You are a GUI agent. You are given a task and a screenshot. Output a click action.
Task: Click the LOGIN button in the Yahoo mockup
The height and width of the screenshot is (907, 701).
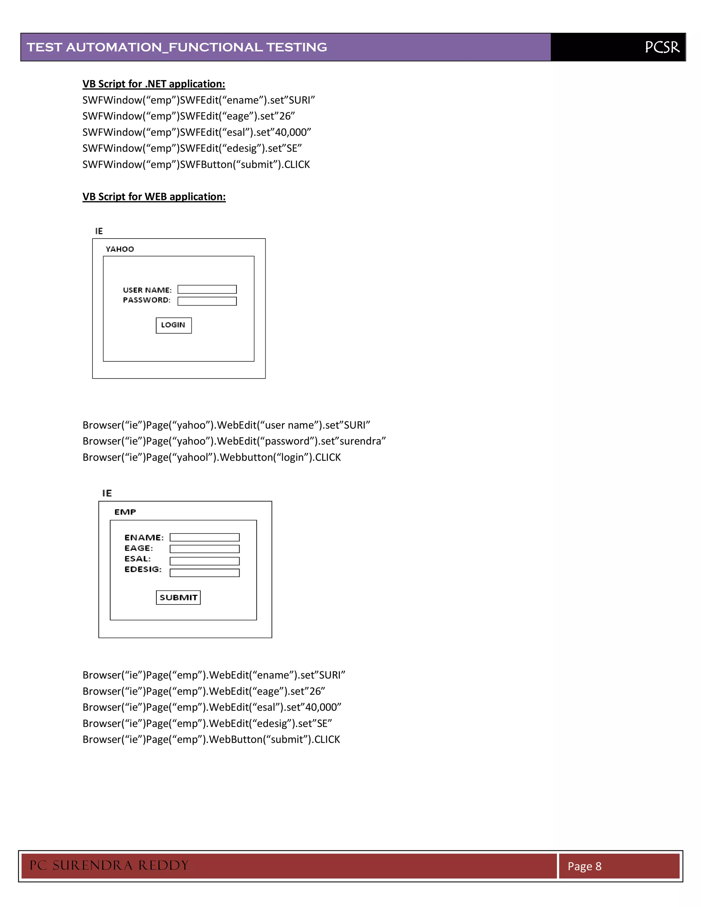pyautogui.click(x=174, y=325)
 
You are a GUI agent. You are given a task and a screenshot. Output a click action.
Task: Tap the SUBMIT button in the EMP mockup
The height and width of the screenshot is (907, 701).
pyautogui.click(x=178, y=597)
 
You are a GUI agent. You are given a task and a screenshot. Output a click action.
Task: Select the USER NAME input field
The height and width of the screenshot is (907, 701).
pyautogui.click(x=207, y=290)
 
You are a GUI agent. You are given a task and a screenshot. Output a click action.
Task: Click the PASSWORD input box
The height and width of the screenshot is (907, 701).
pyautogui.click(x=207, y=301)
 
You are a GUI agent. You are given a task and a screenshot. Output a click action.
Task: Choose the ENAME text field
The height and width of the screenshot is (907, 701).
pyautogui.click(x=204, y=537)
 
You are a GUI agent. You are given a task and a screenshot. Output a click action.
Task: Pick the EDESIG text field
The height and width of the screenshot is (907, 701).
pyautogui.click(x=204, y=573)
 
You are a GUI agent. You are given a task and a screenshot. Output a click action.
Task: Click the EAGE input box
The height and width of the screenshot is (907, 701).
pyautogui.click(x=204, y=549)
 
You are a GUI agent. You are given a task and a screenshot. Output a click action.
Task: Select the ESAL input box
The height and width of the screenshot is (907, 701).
pyautogui.click(x=204, y=561)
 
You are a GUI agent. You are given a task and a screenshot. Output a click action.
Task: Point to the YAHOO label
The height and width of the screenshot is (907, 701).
pyautogui.click(x=119, y=249)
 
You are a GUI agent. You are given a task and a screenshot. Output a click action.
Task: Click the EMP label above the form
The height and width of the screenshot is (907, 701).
pyautogui.click(x=125, y=512)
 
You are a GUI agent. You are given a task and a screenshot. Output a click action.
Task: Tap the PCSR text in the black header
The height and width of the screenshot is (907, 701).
pyautogui.click(x=662, y=47)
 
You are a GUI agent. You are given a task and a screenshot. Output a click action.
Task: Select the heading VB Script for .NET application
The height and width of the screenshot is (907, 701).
pyautogui.click(x=154, y=84)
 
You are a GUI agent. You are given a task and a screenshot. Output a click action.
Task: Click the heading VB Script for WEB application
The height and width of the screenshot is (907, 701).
pyautogui.click(x=154, y=197)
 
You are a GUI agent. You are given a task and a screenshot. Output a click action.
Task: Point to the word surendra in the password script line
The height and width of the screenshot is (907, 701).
pyautogui.click(x=360, y=441)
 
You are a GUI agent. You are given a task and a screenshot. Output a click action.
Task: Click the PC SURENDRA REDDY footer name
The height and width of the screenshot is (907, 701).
pyautogui.click(x=109, y=866)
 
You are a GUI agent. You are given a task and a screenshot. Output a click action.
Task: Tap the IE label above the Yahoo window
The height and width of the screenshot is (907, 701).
pyautogui.click(x=99, y=231)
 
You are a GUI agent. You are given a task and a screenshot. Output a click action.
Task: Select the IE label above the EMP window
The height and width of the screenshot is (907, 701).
pyautogui.click(x=107, y=493)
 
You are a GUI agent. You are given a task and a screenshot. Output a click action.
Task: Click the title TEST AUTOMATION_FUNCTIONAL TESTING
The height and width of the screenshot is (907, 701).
pyautogui.click(x=177, y=47)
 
